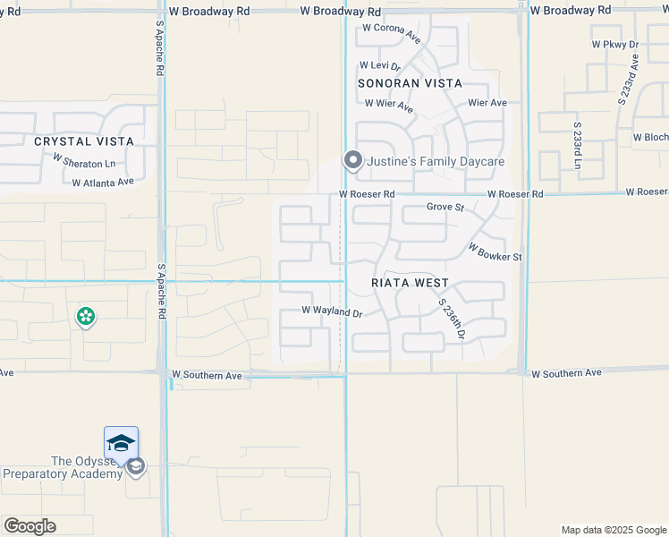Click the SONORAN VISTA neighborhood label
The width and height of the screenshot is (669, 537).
coord(410,83)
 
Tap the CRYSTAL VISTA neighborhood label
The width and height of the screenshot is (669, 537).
coord(84,141)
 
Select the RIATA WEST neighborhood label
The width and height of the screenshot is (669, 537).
coord(410,284)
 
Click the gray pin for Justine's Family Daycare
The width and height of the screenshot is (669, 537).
coord(353,161)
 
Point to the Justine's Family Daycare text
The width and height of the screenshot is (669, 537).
coord(436,161)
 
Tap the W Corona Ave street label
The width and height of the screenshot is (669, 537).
coord(390,34)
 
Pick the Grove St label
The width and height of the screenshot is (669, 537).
coord(445,208)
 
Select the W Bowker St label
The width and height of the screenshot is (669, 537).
coord(495,251)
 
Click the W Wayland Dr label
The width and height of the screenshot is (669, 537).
coord(331,312)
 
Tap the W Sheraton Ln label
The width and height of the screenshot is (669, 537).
coord(84,162)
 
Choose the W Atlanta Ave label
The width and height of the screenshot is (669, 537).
coord(103,182)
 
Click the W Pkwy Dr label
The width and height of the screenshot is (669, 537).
coord(614,44)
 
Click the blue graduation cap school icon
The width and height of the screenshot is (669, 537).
coord(121,443)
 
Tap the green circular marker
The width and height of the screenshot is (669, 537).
coord(86,316)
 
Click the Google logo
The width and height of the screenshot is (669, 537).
coord(30,525)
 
